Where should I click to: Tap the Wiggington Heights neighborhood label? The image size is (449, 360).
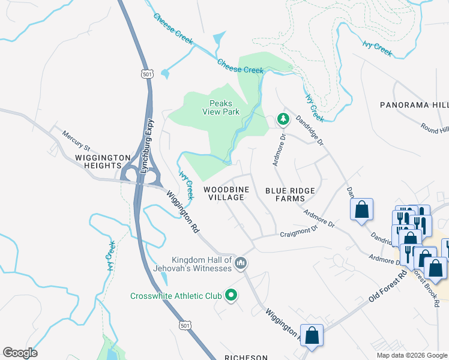[x=103, y=162]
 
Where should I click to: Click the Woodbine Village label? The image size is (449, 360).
[x=224, y=193]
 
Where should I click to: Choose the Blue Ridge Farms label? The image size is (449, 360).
[x=290, y=194]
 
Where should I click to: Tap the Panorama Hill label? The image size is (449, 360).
[x=414, y=105]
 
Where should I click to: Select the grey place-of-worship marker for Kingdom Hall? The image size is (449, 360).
[x=241, y=263]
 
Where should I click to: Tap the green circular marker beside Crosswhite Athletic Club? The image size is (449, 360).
[x=231, y=295]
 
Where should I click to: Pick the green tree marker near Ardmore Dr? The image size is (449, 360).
[x=283, y=120]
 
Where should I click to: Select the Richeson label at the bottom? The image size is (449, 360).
[x=246, y=357]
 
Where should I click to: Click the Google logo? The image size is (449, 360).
[x=20, y=353]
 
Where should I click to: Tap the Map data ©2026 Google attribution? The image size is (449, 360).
[x=412, y=355]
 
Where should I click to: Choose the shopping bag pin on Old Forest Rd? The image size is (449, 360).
[x=312, y=336]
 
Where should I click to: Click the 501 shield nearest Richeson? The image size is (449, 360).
[x=185, y=325]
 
